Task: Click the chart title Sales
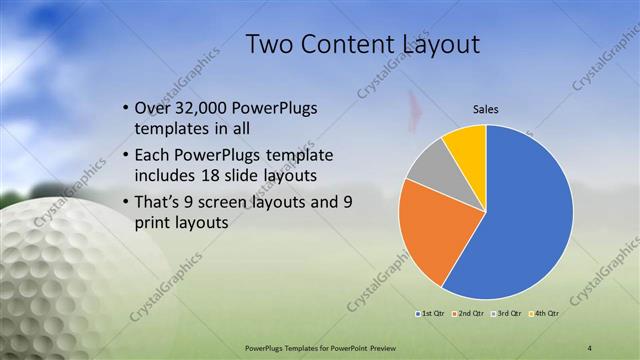(486, 109)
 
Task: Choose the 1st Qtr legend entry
(433, 314)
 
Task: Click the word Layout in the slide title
(440, 44)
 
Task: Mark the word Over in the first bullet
(151, 107)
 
